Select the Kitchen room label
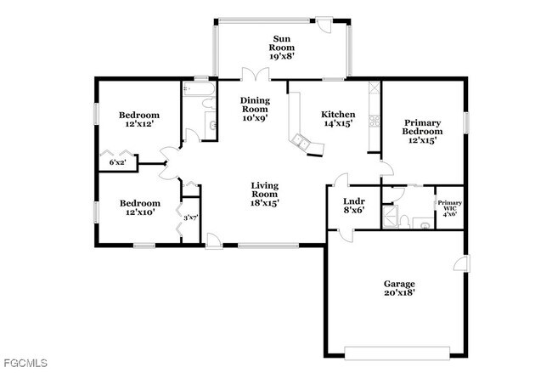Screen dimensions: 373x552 pyautogui.click(x=337, y=121)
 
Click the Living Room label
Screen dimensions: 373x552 pyautogui.click(x=265, y=195)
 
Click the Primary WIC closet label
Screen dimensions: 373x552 pyautogui.click(x=449, y=208)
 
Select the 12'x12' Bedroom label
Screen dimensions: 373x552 pyautogui.click(x=138, y=120)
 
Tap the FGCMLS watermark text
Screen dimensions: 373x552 pyautogui.click(x=25, y=364)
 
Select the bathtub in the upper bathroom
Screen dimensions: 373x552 pyautogui.click(x=199, y=88)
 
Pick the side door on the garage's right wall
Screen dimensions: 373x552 pyautogui.click(x=461, y=263)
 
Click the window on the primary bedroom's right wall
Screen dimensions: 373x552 pyautogui.click(x=465, y=122)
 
